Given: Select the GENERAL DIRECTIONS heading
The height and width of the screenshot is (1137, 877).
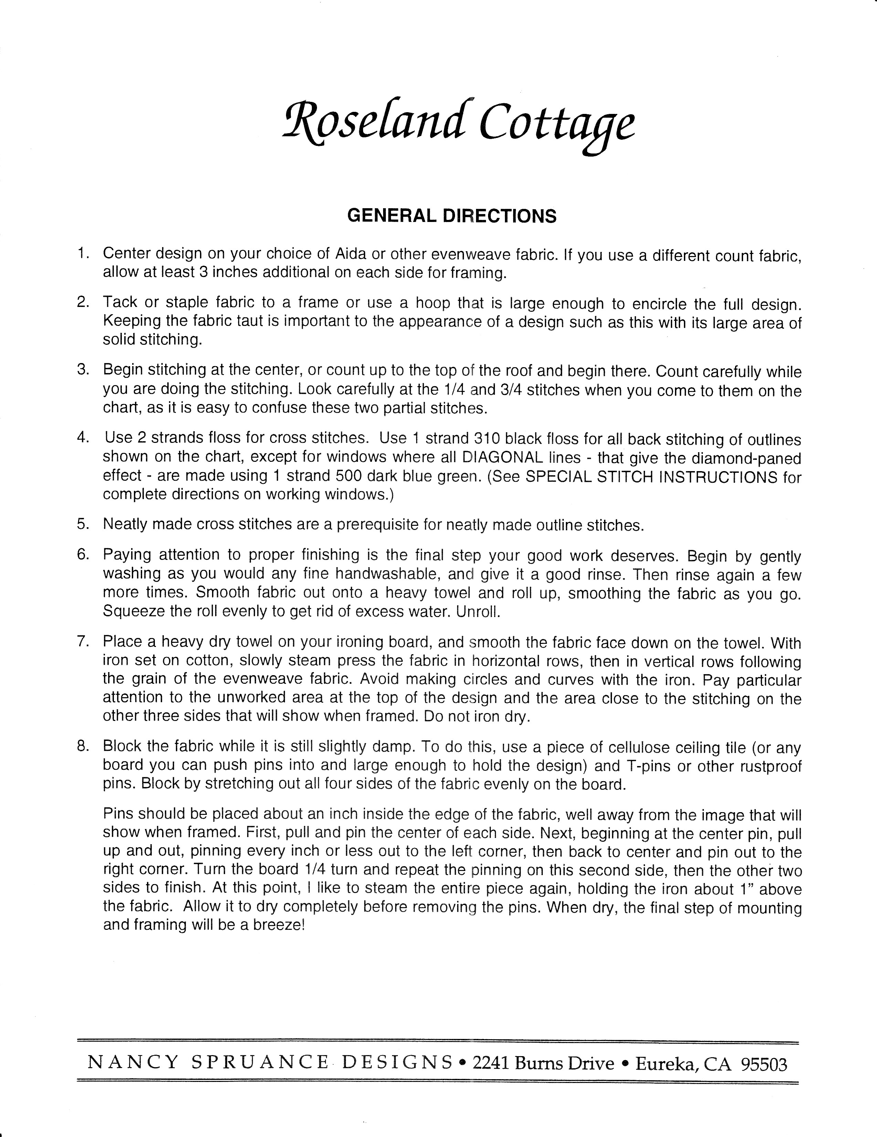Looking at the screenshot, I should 452,215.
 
